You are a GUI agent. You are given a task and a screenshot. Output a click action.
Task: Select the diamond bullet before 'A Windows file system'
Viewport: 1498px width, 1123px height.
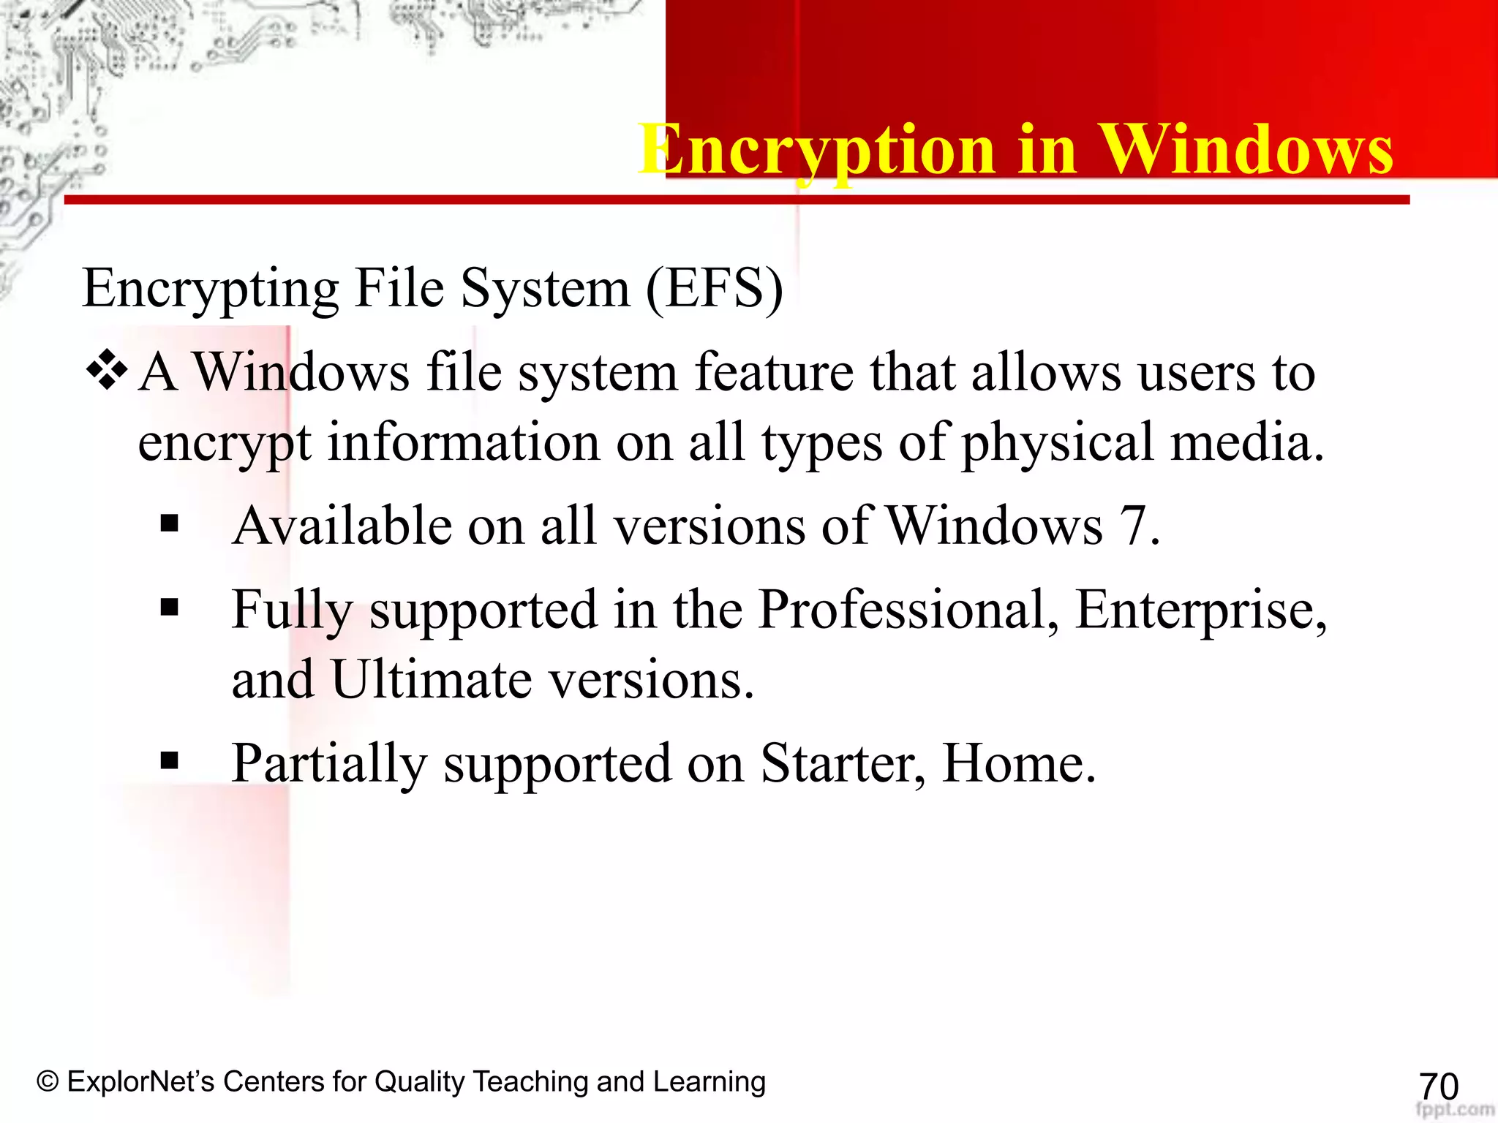tap(107, 370)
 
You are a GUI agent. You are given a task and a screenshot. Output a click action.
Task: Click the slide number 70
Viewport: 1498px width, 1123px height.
tap(1438, 1086)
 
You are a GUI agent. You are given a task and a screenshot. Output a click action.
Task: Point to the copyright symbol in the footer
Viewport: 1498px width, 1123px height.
tap(48, 1081)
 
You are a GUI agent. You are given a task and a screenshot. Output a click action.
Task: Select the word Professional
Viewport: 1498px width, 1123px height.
tap(908, 609)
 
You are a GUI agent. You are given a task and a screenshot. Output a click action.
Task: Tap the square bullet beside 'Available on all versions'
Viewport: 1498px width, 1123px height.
tap(170, 523)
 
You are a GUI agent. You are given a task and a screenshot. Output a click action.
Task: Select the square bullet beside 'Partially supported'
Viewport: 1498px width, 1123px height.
tap(170, 761)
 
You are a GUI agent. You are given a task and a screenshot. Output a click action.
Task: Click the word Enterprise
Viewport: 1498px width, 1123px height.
tap(1200, 609)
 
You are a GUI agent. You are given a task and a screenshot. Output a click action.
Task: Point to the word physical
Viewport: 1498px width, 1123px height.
tap(1057, 443)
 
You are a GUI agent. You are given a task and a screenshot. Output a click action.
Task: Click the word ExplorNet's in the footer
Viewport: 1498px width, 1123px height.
tap(140, 1081)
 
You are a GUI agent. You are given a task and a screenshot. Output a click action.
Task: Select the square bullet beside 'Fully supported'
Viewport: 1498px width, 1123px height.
tap(170, 607)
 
